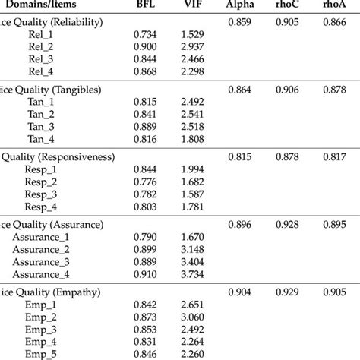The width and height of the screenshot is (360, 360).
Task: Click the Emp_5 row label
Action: [x=36, y=353]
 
